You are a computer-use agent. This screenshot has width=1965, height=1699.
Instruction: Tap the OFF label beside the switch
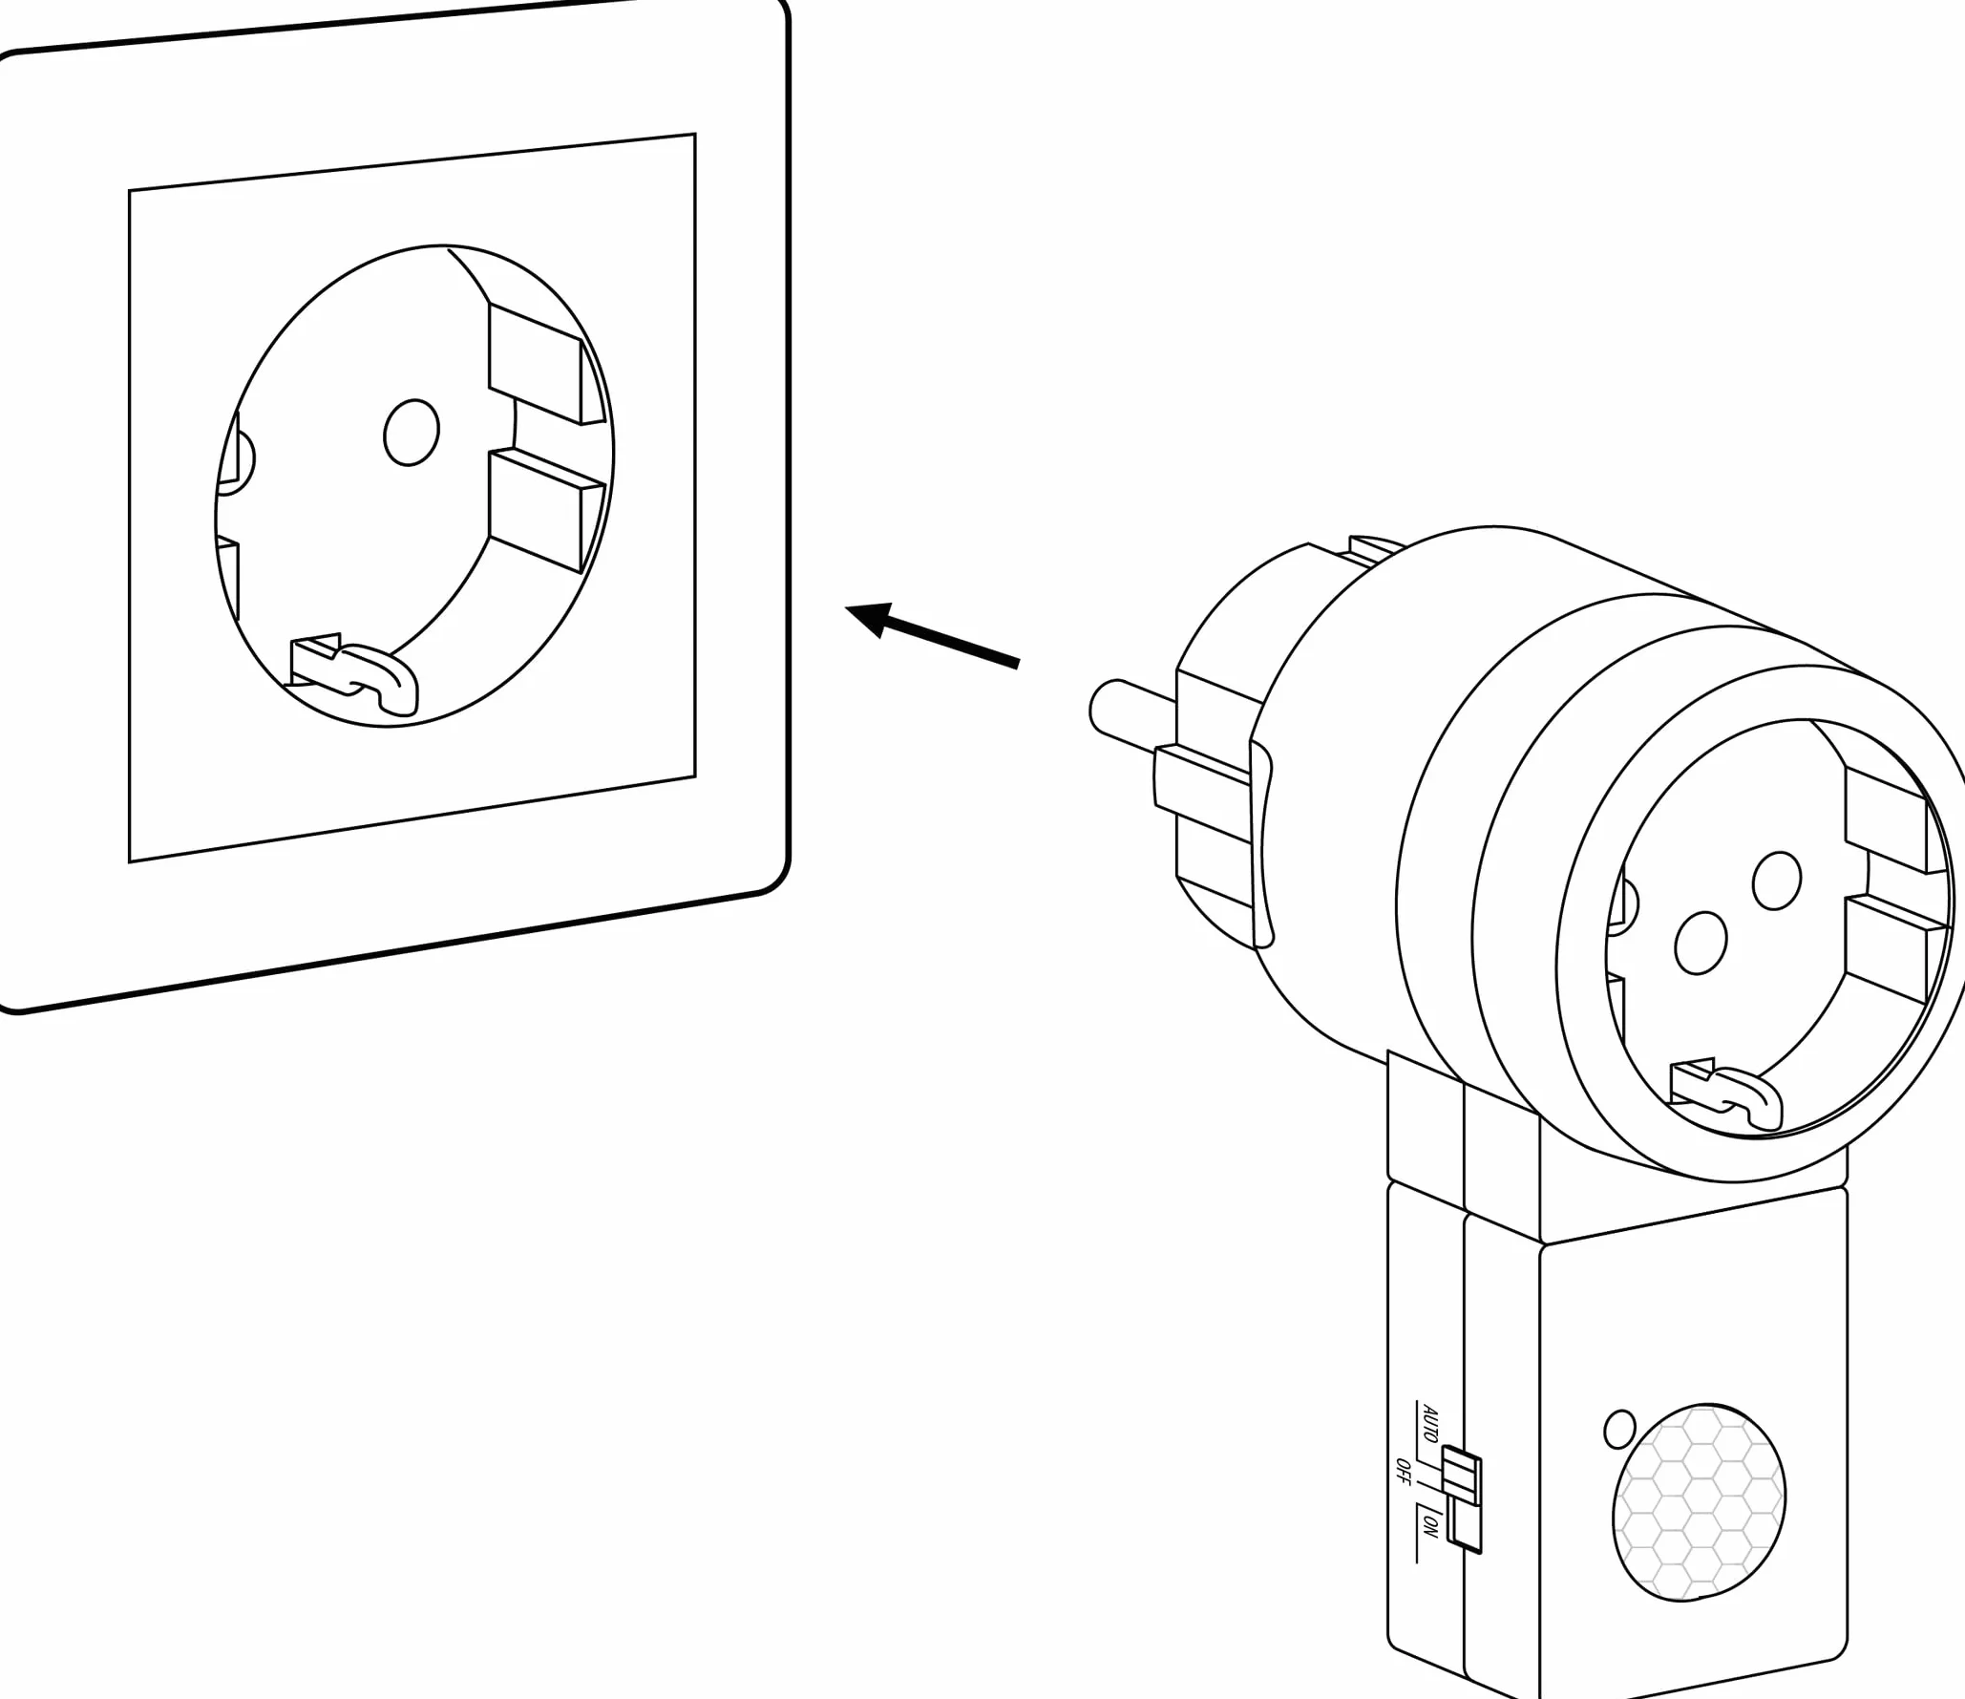1403,1472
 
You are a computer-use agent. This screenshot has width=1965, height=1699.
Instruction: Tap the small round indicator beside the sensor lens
1620,1455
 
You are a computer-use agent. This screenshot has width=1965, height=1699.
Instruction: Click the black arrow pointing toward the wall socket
932,633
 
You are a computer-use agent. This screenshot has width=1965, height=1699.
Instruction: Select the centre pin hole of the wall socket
412,432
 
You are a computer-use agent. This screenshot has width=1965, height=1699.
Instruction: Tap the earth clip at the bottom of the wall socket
354,672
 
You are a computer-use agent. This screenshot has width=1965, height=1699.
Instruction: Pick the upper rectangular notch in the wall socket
545,364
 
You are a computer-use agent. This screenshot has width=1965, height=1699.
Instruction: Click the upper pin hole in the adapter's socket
1777,881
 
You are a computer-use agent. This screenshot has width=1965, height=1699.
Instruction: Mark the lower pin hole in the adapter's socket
1701,944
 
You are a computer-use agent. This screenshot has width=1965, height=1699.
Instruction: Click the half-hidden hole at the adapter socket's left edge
1626,903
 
